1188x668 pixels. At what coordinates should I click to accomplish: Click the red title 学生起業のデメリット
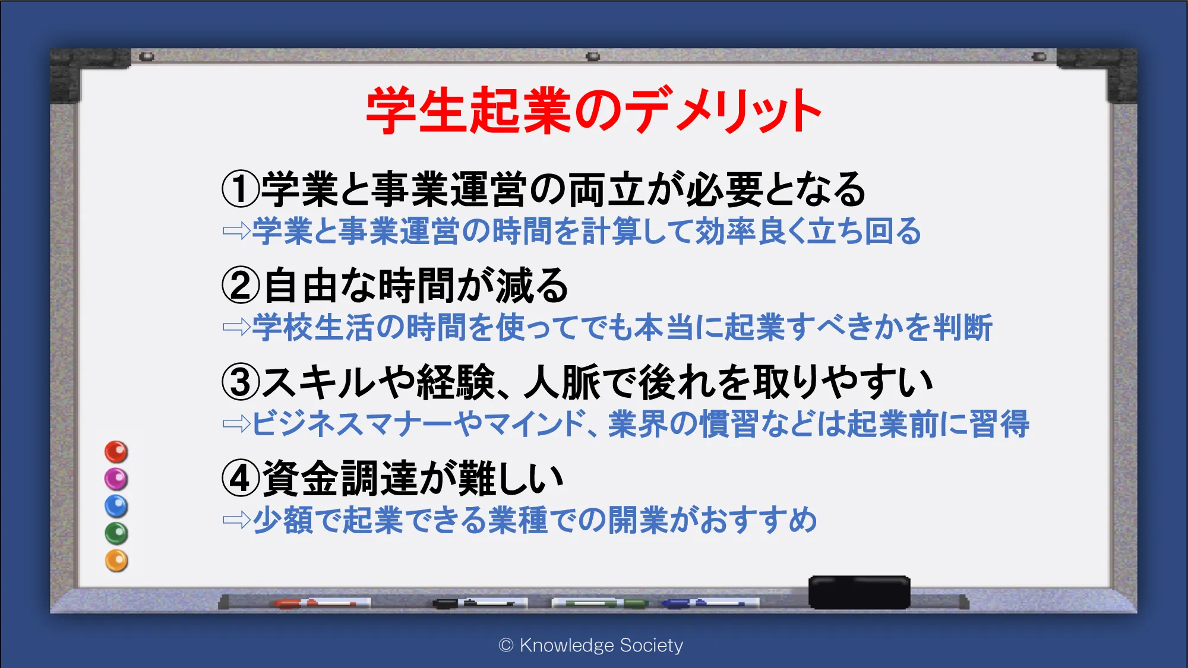(594, 110)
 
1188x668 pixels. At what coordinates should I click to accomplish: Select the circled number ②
(241, 285)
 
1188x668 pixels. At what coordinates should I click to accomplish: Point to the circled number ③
(241, 382)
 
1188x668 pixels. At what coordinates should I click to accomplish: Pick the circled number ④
(241, 478)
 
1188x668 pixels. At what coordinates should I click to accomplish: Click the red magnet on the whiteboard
(116, 452)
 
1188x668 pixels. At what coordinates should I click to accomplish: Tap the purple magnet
(116, 479)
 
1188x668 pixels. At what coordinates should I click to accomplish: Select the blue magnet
(116, 506)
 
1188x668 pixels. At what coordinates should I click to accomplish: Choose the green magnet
(116, 533)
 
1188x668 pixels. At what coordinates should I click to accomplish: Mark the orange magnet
(116, 561)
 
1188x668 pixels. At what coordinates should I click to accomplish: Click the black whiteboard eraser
(859, 592)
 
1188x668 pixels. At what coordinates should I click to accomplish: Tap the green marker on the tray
(600, 603)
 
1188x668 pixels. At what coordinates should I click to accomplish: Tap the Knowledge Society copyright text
(591, 645)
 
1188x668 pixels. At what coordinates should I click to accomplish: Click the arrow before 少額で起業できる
(236, 520)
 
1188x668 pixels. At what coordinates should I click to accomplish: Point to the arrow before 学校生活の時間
(236, 327)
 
